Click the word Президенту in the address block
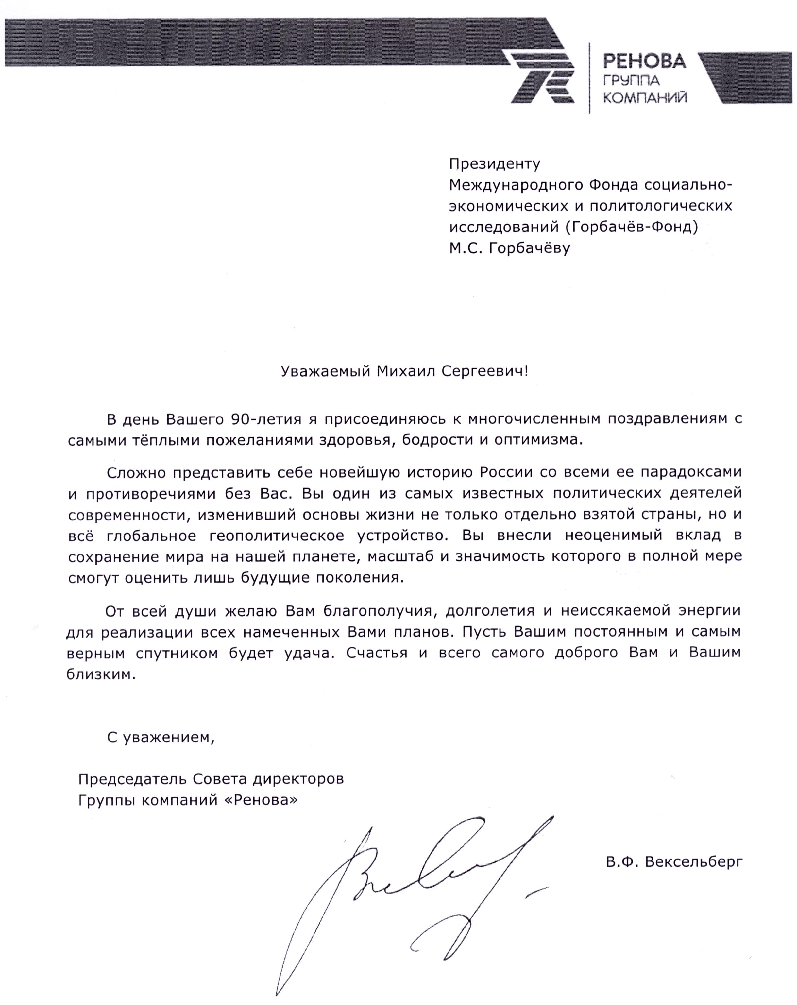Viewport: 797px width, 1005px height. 495,164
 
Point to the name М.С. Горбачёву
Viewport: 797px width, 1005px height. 509,248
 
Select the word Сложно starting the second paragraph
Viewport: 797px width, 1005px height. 135,472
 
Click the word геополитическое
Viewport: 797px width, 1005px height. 276,536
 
